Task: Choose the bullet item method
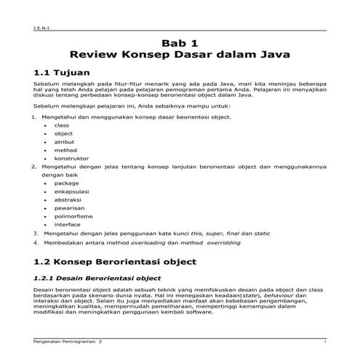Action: click(x=65, y=150)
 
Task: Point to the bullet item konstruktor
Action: click(x=71, y=158)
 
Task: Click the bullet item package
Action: click(x=67, y=183)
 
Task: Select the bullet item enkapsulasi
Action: click(x=71, y=191)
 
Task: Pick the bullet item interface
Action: click(x=68, y=225)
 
